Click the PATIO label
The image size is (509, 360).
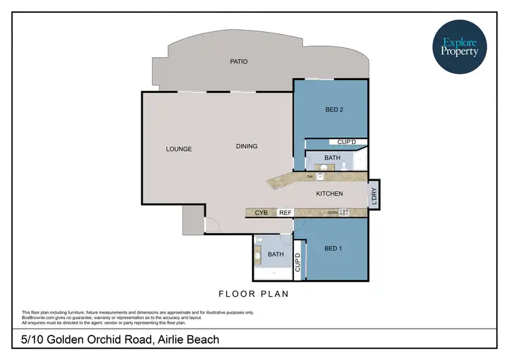[238, 62]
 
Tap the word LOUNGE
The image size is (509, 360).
[179, 149]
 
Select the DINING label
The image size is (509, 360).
[246, 146]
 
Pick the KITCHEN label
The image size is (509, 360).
[330, 194]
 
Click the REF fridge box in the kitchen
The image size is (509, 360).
[286, 213]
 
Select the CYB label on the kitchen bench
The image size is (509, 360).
[261, 213]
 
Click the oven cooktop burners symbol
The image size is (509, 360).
[343, 213]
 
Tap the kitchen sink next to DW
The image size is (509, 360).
[321, 177]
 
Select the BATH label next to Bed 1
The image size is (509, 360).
[276, 255]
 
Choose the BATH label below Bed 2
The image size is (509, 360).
[332, 158]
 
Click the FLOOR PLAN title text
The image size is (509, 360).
[253, 294]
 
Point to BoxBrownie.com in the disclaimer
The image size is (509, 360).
[40, 317]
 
